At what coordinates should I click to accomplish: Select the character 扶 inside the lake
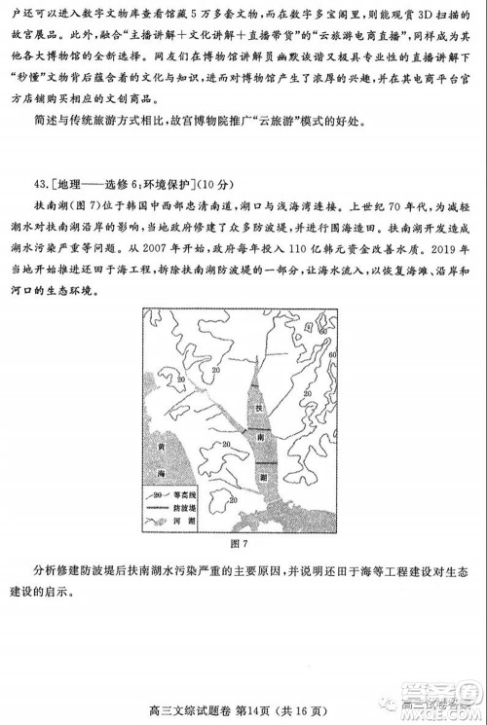pyautogui.click(x=258, y=411)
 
